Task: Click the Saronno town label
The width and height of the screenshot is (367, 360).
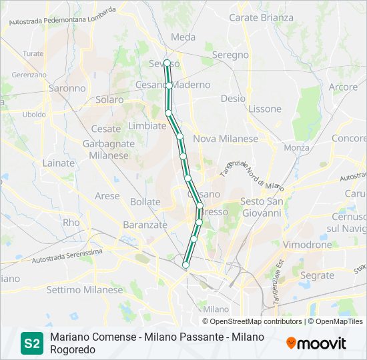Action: pos(67,87)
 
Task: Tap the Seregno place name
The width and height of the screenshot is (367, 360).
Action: pos(230,55)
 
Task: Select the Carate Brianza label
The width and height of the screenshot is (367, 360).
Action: pos(262,17)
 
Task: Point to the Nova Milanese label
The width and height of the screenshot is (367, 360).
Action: pos(225,139)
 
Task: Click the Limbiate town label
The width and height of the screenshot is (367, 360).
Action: pos(147,125)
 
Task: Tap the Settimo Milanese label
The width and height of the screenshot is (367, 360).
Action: pos(85,290)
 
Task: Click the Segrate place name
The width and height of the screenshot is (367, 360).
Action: pos(317,275)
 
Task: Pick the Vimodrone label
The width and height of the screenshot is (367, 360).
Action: pos(308,245)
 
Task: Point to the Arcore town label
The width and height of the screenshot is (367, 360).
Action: pos(343,87)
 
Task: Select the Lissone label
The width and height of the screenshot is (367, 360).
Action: pos(264,109)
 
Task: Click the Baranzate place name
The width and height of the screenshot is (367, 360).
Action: pos(145,225)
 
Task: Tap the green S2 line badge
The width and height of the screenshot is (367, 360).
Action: pos(31,344)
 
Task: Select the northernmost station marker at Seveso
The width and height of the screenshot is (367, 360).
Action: pos(167,63)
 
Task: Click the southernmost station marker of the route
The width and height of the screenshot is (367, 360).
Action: pos(186,265)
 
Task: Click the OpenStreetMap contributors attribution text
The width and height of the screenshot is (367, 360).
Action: pos(257,321)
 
